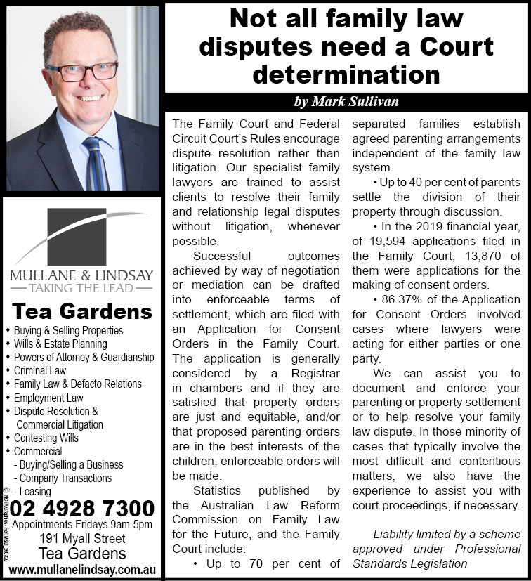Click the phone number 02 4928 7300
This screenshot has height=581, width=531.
83,508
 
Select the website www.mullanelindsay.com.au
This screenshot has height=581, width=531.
82,568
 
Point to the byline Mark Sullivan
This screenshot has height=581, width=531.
346,102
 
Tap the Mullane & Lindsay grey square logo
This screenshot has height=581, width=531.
76,236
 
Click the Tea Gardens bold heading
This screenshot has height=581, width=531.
82,311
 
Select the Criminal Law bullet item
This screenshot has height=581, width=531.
40,370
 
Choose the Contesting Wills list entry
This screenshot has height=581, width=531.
46,438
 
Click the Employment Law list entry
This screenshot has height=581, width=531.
48,398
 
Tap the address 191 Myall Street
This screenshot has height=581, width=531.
82,539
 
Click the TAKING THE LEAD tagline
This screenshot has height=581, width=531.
81,287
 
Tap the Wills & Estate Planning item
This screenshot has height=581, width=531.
60,344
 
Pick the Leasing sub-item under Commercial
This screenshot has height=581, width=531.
34,492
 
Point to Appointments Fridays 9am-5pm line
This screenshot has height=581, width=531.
82,524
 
